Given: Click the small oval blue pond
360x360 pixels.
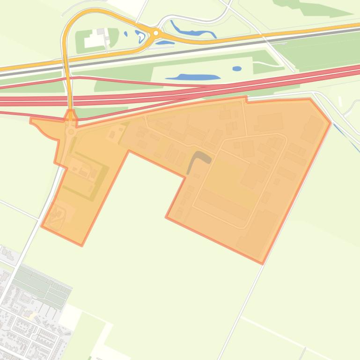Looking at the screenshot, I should tap(237, 69).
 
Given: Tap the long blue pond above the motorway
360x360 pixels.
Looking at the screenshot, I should tap(193, 77).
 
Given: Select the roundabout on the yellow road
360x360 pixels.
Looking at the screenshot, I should tap(156, 33).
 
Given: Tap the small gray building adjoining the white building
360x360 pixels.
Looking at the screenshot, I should tap(100, 32).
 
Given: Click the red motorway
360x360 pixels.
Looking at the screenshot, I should tap(187, 91).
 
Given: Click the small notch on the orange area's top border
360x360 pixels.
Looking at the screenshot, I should tap(246, 99).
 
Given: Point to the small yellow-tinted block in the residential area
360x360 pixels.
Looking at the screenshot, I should tap(32, 317).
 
